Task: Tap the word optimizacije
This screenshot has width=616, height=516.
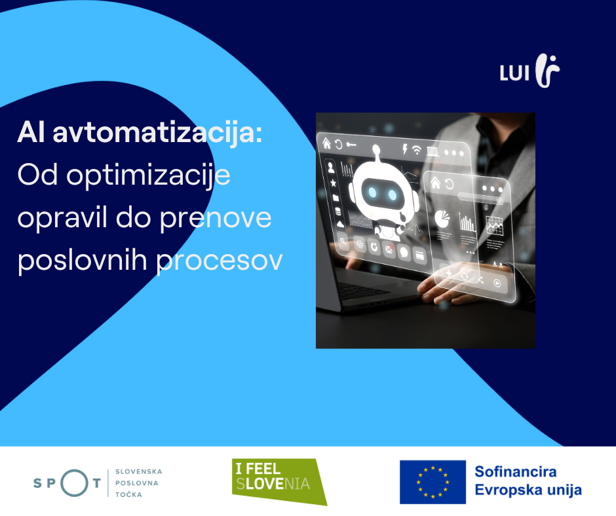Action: pos(148,176)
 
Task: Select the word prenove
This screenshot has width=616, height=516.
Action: pos(216,218)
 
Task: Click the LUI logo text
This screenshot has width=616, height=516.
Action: pos(514,73)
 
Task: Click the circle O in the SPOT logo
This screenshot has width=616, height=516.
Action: pos(74,483)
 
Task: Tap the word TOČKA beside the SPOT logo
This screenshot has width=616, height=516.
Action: pos(128,494)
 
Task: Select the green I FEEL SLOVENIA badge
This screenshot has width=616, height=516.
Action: pos(279,481)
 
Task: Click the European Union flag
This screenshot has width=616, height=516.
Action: pos(433,482)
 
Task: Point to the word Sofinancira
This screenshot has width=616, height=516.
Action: pos(516,471)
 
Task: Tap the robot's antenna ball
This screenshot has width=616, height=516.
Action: pos(376,149)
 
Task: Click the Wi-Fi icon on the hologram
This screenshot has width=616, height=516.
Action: pos(417,149)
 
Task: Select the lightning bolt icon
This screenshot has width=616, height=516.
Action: pos(404,149)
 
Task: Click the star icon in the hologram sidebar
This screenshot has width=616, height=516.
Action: pos(333,183)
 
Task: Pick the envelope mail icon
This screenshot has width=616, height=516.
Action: pos(389,249)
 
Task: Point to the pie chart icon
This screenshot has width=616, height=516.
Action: pos(442,219)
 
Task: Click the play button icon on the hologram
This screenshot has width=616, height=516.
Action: pos(497,283)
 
